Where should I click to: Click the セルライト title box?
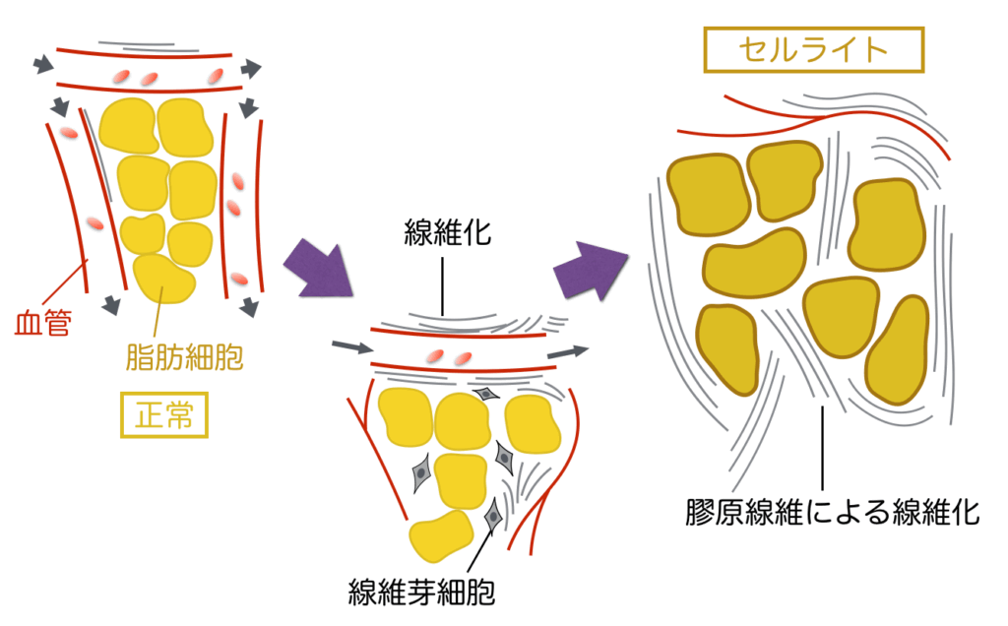[813, 49]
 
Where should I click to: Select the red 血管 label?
[43, 323]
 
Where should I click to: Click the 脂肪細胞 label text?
[185, 355]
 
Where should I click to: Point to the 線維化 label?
[448, 233]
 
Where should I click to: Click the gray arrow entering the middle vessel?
[352, 346]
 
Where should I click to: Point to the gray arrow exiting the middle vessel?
[568, 349]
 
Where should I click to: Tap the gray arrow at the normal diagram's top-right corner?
[252, 68]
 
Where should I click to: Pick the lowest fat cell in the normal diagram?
[164, 279]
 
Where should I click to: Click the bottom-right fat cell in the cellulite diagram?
[898, 349]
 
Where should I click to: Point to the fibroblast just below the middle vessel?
[486, 394]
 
